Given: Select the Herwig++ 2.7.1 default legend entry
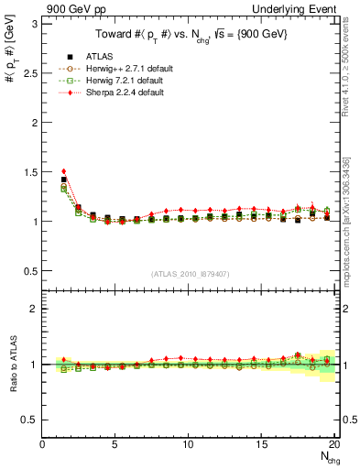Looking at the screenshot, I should point(119,69).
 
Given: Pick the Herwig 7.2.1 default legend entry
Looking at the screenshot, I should point(117,81).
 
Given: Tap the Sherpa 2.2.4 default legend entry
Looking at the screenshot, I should point(117,93).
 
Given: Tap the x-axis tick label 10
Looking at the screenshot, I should point(189,444).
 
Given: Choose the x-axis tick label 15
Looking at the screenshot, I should point(262,444).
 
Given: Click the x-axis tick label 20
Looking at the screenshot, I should point(334,444).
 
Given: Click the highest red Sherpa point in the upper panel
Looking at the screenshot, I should point(63,171).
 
